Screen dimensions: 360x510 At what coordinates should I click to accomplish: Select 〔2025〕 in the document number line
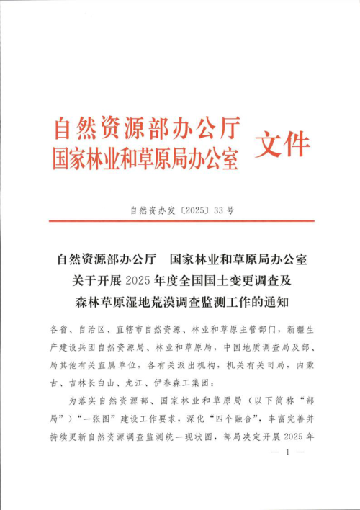[193, 212]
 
